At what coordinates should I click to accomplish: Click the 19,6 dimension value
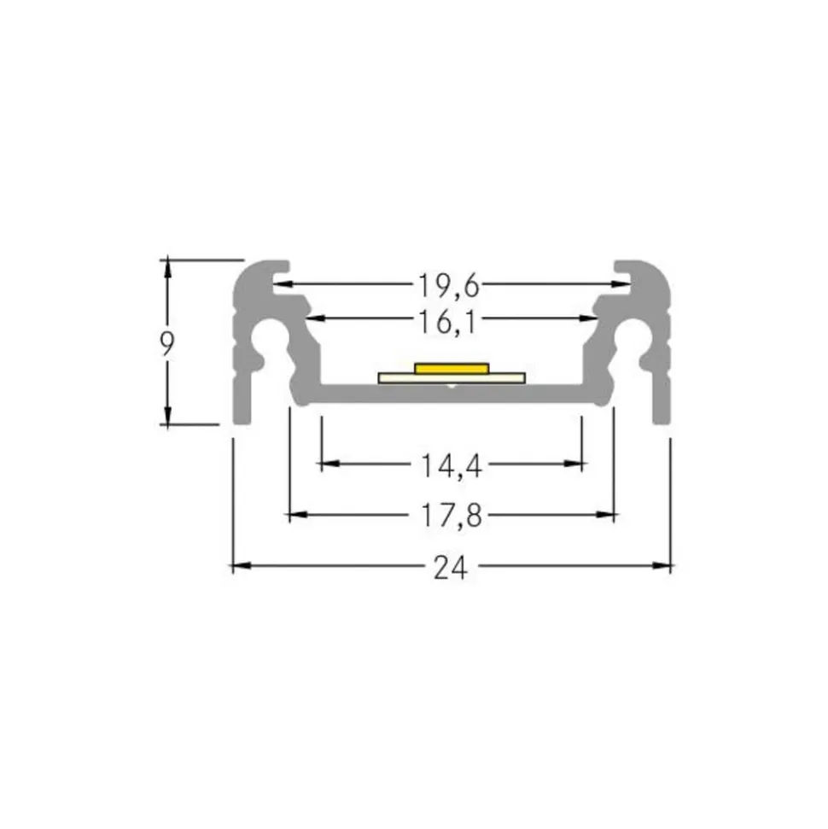(449, 285)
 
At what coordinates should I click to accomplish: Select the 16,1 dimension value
(447, 322)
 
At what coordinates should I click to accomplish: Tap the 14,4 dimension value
(451, 466)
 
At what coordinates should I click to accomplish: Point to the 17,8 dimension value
(451, 516)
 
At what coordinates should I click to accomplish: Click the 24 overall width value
(451, 568)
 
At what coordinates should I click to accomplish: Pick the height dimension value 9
(167, 344)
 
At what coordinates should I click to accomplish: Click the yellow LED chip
(452, 368)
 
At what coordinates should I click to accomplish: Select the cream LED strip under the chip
(452, 378)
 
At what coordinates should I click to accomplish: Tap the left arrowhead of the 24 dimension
(242, 566)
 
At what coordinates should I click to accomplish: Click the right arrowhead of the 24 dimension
(662, 566)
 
